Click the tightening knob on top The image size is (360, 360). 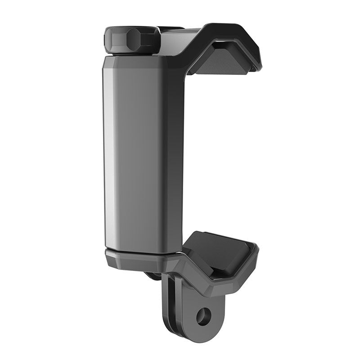(132, 39)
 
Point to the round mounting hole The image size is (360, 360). (204, 316)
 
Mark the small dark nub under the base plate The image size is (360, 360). (153, 275)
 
